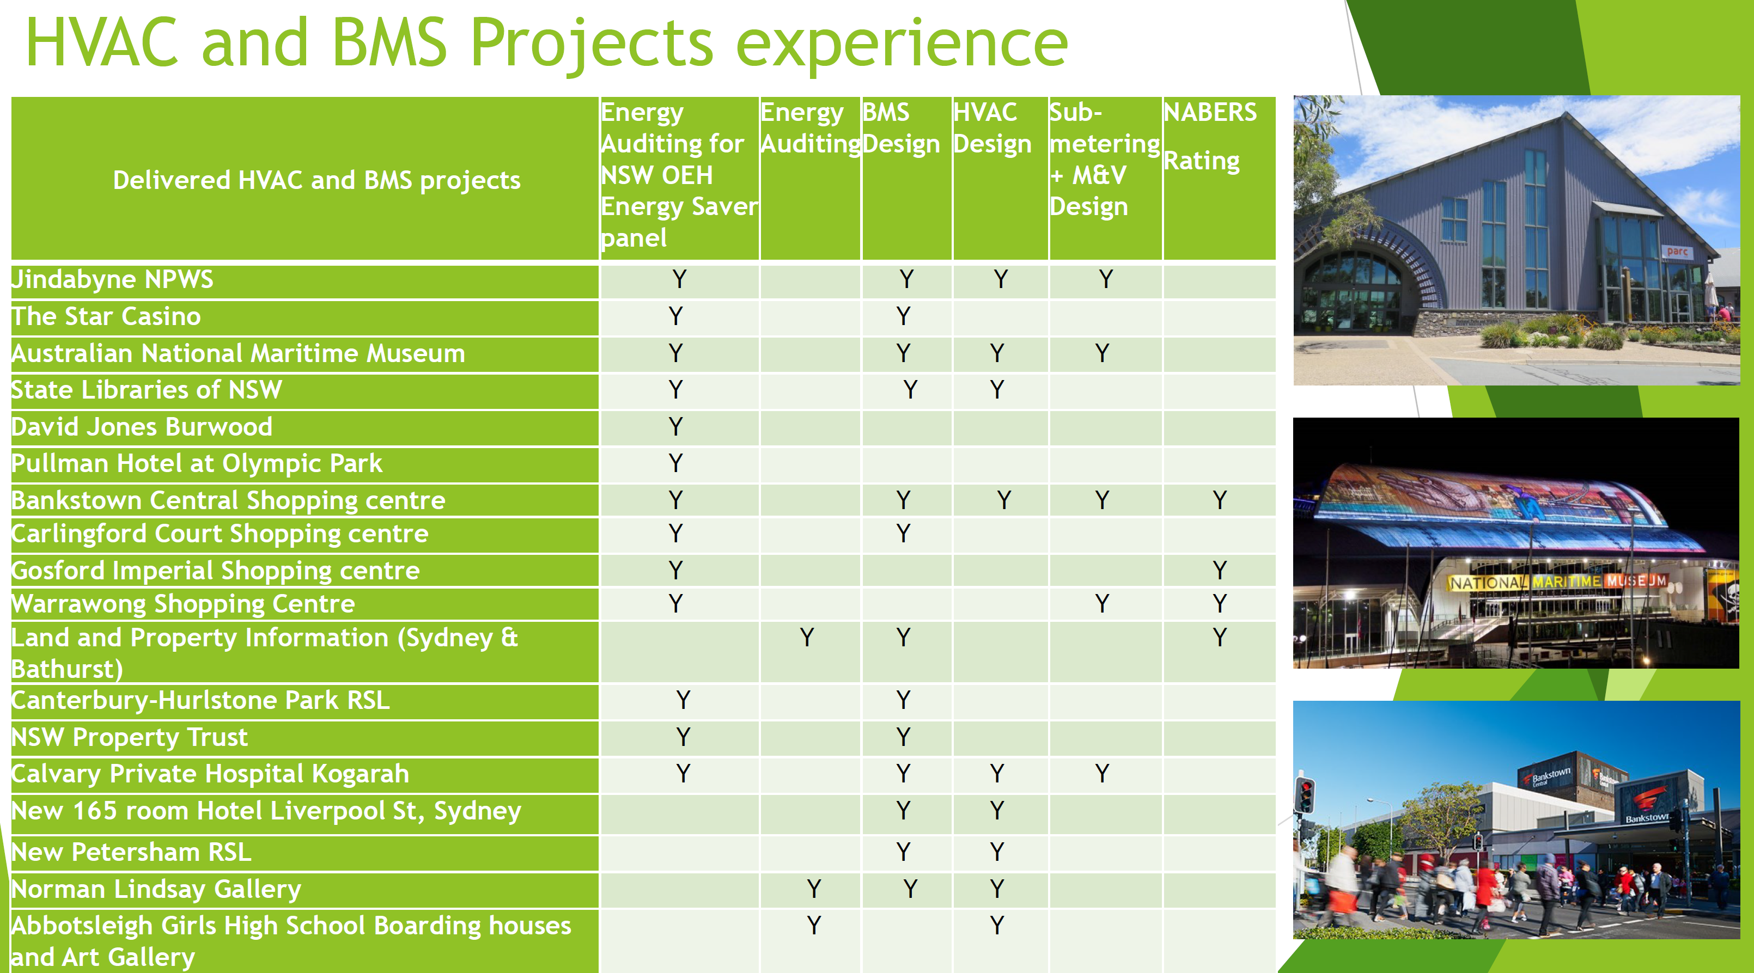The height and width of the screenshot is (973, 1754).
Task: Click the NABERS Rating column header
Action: click(x=1210, y=137)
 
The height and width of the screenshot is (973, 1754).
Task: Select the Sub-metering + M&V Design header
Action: click(x=1104, y=159)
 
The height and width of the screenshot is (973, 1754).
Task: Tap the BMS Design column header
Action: click(x=900, y=128)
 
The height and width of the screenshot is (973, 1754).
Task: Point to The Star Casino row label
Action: click(x=106, y=316)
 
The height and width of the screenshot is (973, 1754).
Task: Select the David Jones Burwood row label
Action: click(x=142, y=427)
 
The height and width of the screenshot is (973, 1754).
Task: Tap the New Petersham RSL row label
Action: click(x=131, y=852)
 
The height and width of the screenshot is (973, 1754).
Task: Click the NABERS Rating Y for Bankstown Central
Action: click(x=1219, y=500)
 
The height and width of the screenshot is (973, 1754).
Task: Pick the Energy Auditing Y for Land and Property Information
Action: click(x=807, y=638)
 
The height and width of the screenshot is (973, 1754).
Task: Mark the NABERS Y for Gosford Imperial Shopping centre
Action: click(x=1219, y=570)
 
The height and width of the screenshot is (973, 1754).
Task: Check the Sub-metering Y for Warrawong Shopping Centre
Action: click(x=1101, y=603)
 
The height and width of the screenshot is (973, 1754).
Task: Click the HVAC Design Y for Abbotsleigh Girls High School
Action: click(x=997, y=926)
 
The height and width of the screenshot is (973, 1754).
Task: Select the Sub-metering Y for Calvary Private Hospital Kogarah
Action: click(x=1101, y=774)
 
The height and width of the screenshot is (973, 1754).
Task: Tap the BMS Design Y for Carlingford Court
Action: click(x=903, y=534)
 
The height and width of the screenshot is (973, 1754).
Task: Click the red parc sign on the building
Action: click(x=1677, y=251)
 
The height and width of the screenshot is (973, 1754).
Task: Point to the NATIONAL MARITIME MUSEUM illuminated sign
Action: click(x=1557, y=582)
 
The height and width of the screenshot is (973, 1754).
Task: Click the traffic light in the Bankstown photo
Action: click(x=1305, y=795)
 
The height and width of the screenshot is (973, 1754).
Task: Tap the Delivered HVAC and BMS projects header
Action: click(x=316, y=180)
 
